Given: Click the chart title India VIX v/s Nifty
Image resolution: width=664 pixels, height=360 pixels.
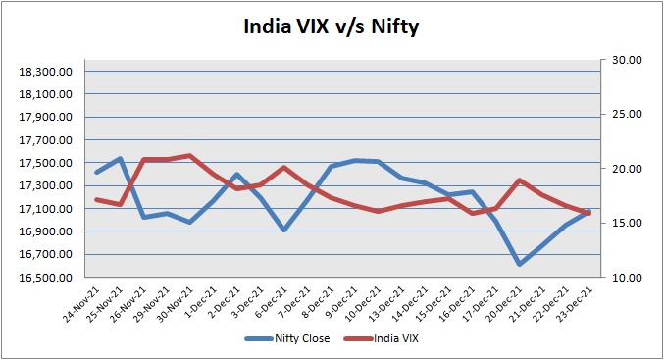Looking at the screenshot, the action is (332, 26).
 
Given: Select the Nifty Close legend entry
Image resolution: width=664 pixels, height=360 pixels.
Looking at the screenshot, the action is (287, 338).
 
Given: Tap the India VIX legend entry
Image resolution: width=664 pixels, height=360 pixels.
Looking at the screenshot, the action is (381, 338).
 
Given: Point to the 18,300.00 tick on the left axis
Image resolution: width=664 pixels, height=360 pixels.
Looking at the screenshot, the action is (46, 72).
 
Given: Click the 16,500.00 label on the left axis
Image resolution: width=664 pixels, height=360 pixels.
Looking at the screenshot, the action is (46, 278).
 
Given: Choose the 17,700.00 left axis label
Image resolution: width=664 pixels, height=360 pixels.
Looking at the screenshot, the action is (46, 140).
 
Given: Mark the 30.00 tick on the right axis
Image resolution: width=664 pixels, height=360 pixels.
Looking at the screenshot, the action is (627, 60).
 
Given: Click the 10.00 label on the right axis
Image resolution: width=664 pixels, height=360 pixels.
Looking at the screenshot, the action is (627, 278).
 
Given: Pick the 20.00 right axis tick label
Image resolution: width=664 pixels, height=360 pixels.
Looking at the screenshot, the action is (627, 169).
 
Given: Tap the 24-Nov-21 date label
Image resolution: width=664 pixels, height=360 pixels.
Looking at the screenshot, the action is (82, 304).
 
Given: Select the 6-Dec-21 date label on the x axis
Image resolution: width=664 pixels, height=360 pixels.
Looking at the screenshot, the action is (273, 301).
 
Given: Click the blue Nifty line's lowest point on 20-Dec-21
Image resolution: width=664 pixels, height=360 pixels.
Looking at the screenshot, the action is (520, 264).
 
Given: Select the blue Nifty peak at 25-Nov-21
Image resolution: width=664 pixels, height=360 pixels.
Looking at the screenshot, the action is (120, 159).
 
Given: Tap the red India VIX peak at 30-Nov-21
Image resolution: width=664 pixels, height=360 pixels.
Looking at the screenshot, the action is (189, 155).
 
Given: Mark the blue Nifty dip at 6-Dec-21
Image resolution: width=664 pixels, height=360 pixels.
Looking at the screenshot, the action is (284, 230).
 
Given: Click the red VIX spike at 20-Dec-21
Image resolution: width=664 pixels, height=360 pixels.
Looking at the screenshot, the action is (520, 180).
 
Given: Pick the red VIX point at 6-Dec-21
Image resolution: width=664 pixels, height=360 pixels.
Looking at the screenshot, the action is (284, 168).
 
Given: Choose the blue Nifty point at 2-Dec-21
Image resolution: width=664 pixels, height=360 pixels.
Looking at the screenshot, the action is (236, 174).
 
